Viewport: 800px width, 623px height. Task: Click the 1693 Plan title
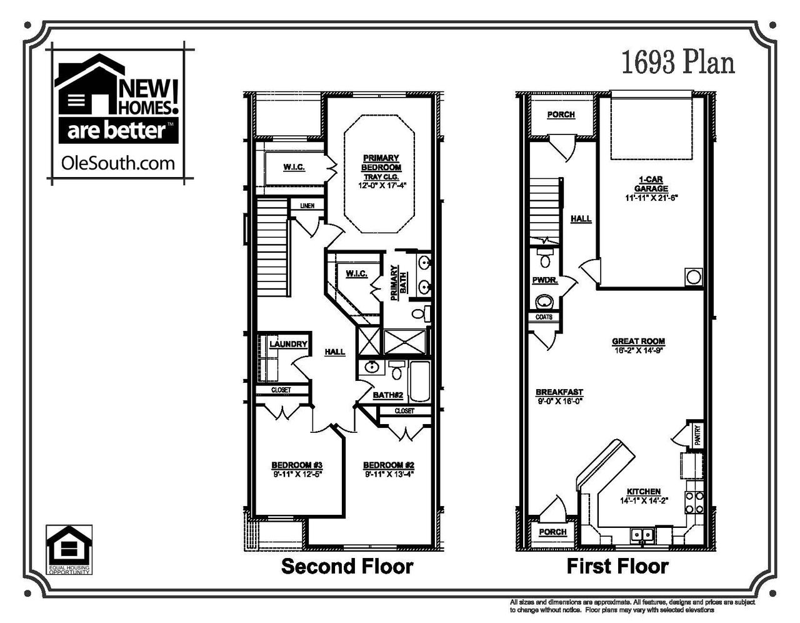(677, 63)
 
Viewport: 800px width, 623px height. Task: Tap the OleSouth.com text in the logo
(118, 163)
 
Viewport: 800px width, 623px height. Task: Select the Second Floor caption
(347, 567)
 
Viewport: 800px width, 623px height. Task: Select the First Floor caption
(617, 567)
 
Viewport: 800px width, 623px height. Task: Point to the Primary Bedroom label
(381, 163)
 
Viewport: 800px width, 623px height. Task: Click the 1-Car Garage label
(651, 184)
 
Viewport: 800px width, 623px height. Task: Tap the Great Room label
(638, 342)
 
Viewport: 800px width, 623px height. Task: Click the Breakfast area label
(559, 392)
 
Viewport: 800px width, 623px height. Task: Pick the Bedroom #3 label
(296, 465)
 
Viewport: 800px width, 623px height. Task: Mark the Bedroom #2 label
(389, 465)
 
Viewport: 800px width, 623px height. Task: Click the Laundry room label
(288, 344)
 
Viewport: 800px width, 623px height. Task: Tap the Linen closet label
(307, 206)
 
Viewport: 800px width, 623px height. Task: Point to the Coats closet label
(544, 317)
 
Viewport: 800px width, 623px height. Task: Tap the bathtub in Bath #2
(419, 382)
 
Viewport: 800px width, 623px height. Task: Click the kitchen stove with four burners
(693, 500)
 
